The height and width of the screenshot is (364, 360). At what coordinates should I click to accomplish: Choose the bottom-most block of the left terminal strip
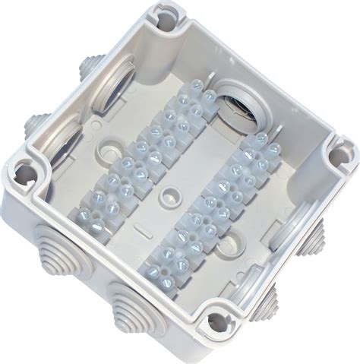click(x=93, y=209)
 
